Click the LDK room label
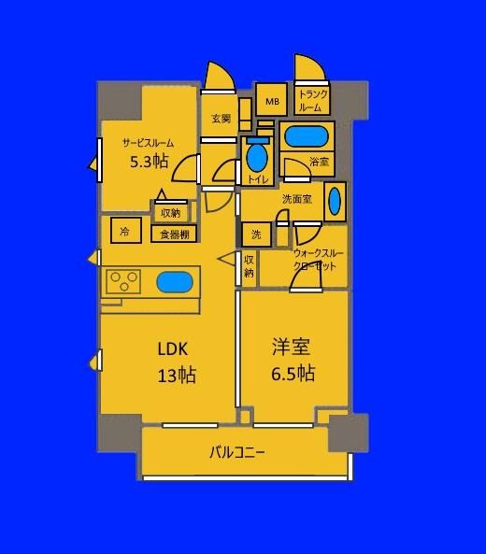click(173, 349)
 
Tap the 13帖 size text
click(177, 375)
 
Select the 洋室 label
click(292, 347)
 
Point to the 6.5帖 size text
click(293, 373)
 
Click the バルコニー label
click(236, 452)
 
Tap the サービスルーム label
click(148, 143)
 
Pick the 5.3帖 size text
click(150, 162)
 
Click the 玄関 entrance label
click(222, 119)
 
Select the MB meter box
click(271, 99)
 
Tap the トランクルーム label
click(312, 100)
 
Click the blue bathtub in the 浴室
click(307, 136)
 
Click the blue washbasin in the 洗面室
click(335, 201)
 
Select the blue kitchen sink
click(175, 282)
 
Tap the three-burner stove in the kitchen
click(123, 281)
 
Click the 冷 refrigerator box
click(126, 231)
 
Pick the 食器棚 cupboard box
click(174, 234)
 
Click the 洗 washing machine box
click(257, 234)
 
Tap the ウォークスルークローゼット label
click(318, 260)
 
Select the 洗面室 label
click(297, 199)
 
